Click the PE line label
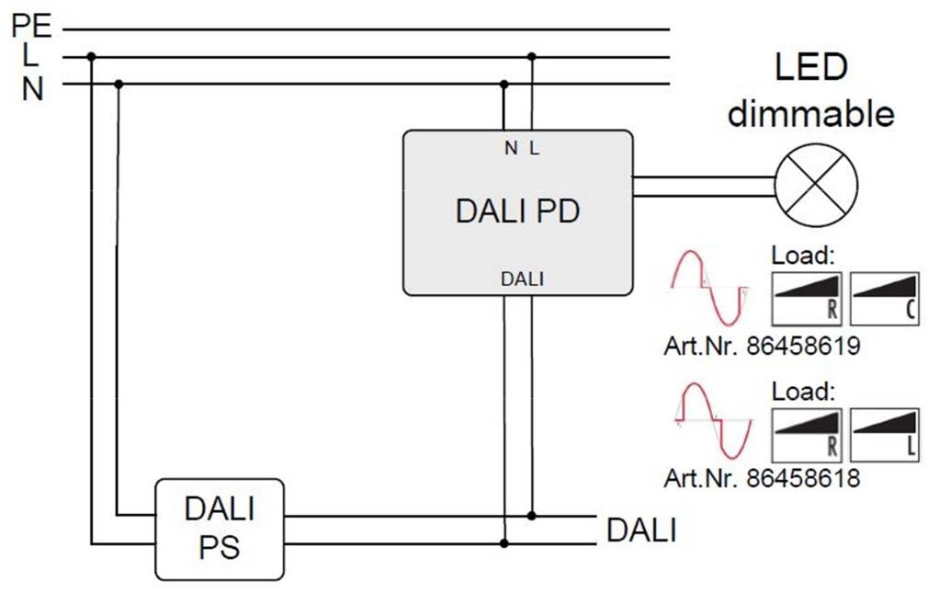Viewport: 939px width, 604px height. [x=31, y=25]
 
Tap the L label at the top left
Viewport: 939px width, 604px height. [x=31, y=55]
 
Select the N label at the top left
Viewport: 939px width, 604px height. [x=31, y=89]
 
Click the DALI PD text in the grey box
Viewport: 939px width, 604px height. [x=517, y=211]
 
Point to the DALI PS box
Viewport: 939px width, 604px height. [x=219, y=529]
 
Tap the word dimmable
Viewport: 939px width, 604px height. [x=810, y=114]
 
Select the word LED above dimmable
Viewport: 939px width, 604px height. [x=810, y=68]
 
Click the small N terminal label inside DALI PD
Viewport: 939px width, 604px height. [x=510, y=148]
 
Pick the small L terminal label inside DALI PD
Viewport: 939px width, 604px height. [x=534, y=148]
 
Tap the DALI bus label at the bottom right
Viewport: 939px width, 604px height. [x=641, y=530]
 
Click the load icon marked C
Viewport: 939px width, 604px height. [x=886, y=299]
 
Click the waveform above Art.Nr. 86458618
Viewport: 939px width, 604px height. [x=710, y=421]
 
